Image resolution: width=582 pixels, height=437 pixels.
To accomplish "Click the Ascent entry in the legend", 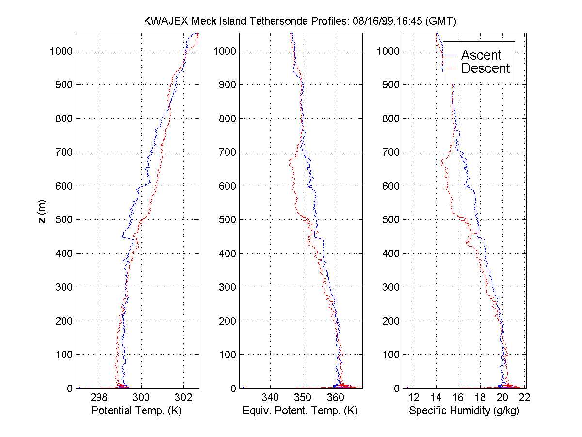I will point(481,55).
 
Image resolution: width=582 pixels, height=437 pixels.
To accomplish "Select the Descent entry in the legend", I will point(485,68).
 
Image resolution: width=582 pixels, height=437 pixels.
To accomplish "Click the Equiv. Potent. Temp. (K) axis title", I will point(300,411).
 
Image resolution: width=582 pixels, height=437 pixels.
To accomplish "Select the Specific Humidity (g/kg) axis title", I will point(464,411).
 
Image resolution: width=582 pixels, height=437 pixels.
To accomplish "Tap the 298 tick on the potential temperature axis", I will point(99,397).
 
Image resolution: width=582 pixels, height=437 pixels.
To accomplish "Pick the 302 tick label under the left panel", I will point(184,397).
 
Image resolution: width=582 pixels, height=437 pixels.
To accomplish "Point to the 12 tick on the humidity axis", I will point(414,397).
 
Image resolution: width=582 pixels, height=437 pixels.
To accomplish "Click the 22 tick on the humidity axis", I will point(524,397).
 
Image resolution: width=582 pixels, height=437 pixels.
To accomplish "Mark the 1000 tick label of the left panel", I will point(61,51).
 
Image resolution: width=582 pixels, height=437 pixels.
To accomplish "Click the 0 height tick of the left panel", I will point(70,388).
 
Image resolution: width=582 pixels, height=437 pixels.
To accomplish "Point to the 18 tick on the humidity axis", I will point(480,397).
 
